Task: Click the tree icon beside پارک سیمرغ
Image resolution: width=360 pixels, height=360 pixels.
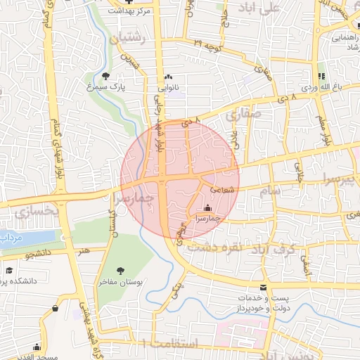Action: pyautogui.click(x=105, y=76)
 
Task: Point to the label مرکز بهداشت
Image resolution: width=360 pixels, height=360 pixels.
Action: pyautogui.click(x=136, y=12)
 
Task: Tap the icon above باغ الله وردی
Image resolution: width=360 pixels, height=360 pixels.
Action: pyautogui.click(x=321, y=77)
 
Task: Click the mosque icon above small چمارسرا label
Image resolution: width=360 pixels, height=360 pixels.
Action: pyautogui.click(x=207, y=208)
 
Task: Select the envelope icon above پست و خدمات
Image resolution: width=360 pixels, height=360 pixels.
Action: pyautogui.click(x=264, y=288)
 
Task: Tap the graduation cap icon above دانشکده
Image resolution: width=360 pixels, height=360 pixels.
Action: pyautogui.click(x=9, y=270)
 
